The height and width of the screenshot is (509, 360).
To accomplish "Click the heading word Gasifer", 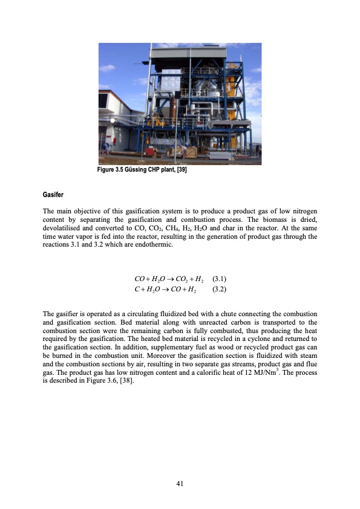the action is pyautogui.click(x=53, y=196).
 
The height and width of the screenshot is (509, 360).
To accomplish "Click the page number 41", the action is pyautogui.click(x=180, y=483).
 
